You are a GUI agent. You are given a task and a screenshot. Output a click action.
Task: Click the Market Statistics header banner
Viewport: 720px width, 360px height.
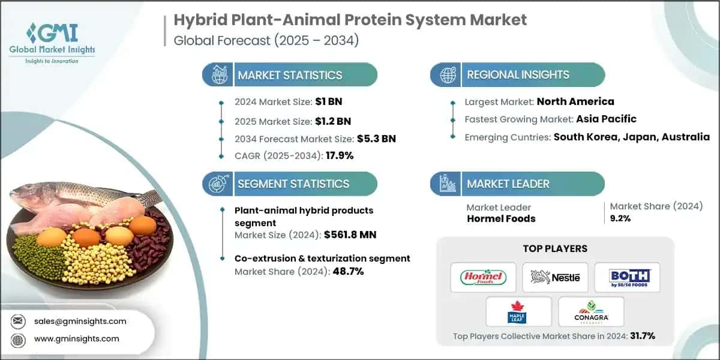click(x=290, y=75)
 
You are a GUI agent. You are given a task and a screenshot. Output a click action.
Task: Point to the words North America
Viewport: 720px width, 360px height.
click(x=575, y=101)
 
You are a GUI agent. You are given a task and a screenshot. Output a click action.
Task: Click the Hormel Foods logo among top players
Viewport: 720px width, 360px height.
click(x=483, y=277)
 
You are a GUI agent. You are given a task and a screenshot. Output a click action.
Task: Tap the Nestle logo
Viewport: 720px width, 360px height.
click(x=555, y=277)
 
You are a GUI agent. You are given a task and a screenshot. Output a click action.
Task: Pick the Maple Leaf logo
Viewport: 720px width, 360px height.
click(x=519, y=311)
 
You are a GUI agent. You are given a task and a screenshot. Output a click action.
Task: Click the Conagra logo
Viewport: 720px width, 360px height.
click(x=591, y=311)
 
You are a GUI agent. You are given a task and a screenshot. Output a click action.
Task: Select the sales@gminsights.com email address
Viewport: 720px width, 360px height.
click(x=80, y=321)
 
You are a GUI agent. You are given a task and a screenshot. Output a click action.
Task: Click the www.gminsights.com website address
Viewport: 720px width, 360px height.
click(x=76, y=339)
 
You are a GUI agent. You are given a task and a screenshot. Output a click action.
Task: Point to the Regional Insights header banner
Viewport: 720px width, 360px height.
click(x=518, y=75)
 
